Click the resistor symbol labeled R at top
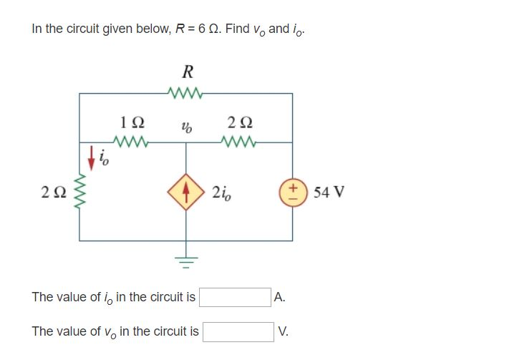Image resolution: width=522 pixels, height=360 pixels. (x=186, y=92)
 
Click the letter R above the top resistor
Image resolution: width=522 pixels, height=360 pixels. (x=187, y=72)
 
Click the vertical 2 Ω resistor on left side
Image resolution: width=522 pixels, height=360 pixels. (x=79, y=192)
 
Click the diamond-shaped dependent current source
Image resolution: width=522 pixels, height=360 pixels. (x=186, y=191)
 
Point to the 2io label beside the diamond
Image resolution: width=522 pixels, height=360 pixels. (x=223, y=191)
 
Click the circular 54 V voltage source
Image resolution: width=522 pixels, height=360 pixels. (x=292, y=191)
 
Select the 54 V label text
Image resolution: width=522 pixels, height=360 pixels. (x=329, y=192)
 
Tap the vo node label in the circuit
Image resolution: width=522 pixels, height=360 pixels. (x=186, y=127)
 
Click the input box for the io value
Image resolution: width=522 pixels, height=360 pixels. (x=235, y=297)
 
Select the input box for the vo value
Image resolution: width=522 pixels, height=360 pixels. (x=238, y=331)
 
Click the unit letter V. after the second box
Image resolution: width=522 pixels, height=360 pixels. (x=284, y=331)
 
